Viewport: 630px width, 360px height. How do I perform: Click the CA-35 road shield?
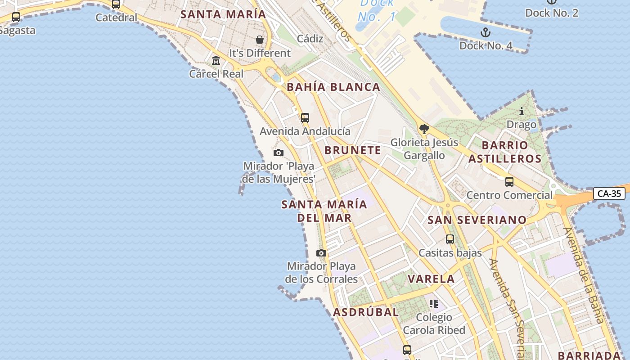click(609, 193)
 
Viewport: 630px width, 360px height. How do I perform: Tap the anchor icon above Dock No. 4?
click(485, 32)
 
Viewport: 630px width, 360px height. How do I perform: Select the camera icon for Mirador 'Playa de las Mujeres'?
click(279, 153)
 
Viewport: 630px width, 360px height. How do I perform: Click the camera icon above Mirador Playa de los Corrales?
click(321, 253)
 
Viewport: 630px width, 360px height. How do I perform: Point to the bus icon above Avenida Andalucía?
click(305, 118)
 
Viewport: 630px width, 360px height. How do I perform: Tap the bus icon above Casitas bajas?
click(450, 239)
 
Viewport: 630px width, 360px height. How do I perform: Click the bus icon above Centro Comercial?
click(509, 182)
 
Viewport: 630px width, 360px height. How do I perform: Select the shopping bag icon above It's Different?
click(260, 40)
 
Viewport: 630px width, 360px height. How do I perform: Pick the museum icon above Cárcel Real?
click(216, 60)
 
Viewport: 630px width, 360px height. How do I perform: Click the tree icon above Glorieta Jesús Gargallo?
click(424, 130)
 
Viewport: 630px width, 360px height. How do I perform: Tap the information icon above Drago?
click(522, 111)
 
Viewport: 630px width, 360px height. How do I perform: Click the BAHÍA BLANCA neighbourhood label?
click(333, 87)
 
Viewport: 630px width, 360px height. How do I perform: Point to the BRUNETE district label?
click(353, 150)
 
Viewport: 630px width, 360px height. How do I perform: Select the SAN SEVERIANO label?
click(477, 220)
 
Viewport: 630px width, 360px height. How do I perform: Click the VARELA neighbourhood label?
click(431, 279)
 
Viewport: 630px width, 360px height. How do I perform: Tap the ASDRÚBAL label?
click(366, 312)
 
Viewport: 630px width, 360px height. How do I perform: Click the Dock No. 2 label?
click(552, 13)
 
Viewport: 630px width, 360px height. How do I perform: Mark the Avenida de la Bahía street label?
click(583, 275)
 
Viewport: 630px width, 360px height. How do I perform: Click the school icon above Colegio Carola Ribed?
click(434, 304)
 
